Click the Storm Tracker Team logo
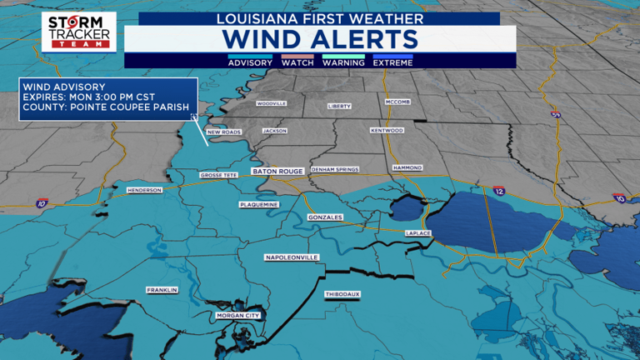[x=78, y=32]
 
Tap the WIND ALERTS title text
[x=320, y=39]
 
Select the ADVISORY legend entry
[x=250, y=62]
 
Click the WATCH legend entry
[x=297, y=62]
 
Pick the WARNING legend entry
[x=343, y=62]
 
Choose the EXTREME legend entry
[x=392, y=62]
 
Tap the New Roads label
[x=223, y=132]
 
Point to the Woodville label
[x=271, y=103]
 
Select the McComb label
[x=397, y=102]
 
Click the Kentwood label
[x=387, y=130]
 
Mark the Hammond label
[x=407, y=167]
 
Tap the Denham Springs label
[x=334, y=169]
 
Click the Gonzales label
[x=325, y=217]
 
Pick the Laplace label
[x=417, y=233]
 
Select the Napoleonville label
[x=292, y=258]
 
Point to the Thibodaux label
[x=342, y=294]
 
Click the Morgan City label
[x=238, y=316]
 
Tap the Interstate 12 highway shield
[x=498, y=192]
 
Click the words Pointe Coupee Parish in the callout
[x=138, y=106]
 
